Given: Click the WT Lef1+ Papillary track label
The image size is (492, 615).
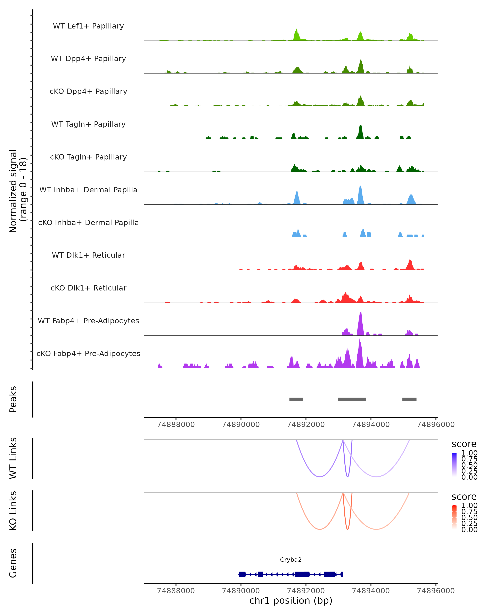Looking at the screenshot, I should [88, 26].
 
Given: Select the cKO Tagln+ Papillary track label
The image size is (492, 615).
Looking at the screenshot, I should [88, 157].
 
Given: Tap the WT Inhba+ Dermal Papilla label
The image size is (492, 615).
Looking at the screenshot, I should [88, 190].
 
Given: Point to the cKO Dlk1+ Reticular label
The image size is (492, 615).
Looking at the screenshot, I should [88, 288].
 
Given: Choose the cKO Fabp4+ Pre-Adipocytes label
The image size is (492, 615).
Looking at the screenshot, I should [88, 353].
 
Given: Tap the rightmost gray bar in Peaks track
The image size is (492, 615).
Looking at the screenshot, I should [409, 399].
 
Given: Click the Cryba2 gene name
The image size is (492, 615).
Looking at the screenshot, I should [291, 560].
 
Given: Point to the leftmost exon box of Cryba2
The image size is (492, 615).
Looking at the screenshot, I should [242, 574].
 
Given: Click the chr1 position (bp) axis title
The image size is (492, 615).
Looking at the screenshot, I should [291, 600].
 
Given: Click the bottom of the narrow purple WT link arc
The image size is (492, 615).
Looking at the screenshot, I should [347, 476].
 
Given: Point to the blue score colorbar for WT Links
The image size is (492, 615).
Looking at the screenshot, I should [454, 464].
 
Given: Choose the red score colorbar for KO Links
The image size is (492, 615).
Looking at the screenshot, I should [454, 517].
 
